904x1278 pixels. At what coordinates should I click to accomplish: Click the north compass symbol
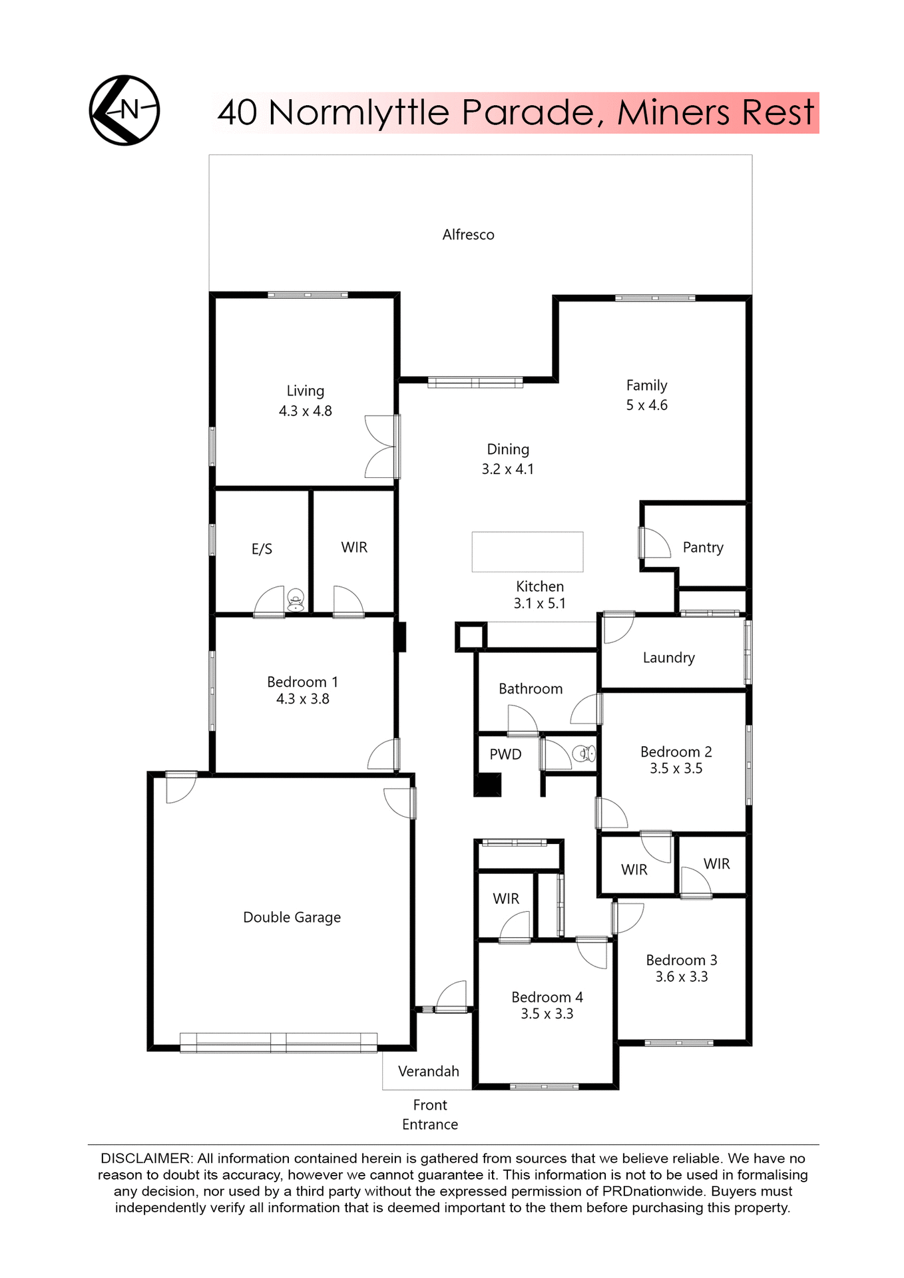click(124, 110)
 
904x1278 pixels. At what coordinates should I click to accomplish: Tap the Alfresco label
click(468, 234)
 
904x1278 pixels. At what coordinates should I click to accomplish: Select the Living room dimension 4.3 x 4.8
click(305, 411)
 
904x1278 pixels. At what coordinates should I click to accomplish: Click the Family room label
click(646, 385)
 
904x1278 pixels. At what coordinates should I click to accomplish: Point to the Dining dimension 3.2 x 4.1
click(507, 469)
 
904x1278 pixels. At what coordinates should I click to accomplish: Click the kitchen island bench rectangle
click(527, 551)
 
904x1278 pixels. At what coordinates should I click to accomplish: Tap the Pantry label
click(702, 547)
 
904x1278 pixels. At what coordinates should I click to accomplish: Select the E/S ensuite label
click(262, 548)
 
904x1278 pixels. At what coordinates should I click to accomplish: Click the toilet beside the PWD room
click(584, 753)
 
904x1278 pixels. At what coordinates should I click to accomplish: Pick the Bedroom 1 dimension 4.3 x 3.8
click(302, 699)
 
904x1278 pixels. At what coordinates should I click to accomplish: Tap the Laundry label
click(668, 658)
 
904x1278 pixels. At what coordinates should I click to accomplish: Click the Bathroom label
click(531, 688)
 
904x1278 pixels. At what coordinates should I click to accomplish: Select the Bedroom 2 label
click(676, 751)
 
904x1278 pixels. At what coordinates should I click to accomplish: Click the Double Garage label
click(292, 917)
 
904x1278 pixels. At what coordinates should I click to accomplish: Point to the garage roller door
click(278, 1042)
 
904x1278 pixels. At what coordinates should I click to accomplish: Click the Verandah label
click(428, 1071)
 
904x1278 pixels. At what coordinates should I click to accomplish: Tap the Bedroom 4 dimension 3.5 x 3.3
click(547, 1014)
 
